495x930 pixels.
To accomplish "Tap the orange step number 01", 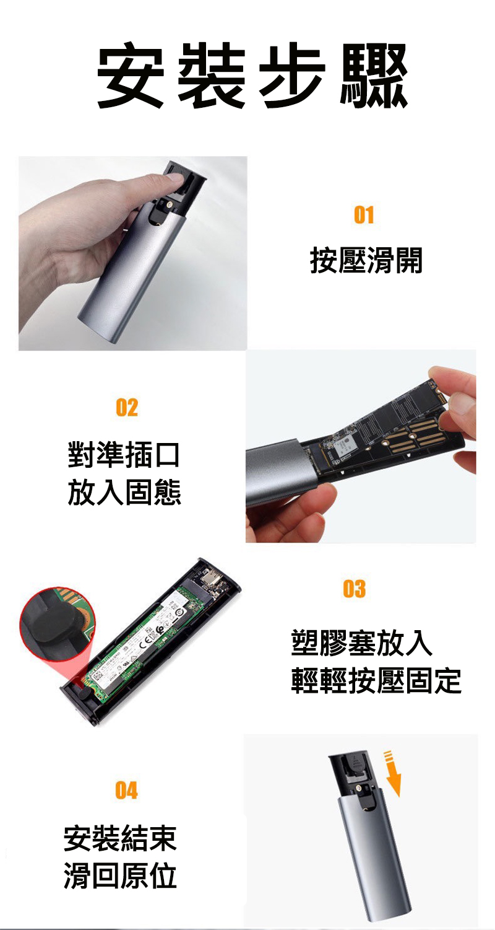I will [x=364, y=215].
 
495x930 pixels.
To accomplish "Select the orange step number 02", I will [x=127, y=408].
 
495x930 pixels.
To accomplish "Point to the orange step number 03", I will [x=354, y=589].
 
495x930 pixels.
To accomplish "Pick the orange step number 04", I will [x=126, y=791].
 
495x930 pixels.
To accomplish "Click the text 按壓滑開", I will [x=366, y=260].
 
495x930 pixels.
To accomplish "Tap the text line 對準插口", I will [x=124, y=455].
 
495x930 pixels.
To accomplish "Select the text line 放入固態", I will [x=124, y=493].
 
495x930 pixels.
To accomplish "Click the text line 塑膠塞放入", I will [x=361, y=643].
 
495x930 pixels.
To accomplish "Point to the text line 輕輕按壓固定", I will [x=376, y=681].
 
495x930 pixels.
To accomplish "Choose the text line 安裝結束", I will [x=120, y=838].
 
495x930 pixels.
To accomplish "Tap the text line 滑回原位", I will [x=120, y=876].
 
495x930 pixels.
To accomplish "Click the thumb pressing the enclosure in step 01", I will [x=174, y=180].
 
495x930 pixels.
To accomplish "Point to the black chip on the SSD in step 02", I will [x=344, y=444].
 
